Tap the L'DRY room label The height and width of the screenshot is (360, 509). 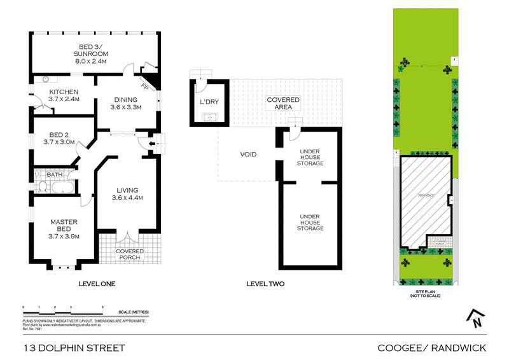point(209,102)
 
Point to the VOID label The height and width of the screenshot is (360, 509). point(248,155)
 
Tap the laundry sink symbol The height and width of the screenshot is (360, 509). point(209,116)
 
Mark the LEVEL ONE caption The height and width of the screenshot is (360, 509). point(95,284)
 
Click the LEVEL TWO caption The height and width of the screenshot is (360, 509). point(265,284)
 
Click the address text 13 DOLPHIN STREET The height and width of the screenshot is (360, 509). point(74,348)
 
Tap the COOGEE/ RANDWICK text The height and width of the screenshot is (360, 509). point(431,348)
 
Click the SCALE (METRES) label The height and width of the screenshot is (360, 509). point(134,312)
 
